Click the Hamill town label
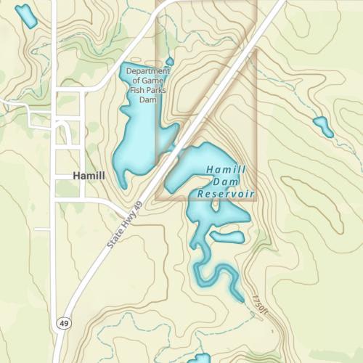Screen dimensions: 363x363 point(89,176)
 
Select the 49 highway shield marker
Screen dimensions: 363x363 point(65,323)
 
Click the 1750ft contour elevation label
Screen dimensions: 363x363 point(260,303)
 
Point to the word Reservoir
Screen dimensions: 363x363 point(226,195)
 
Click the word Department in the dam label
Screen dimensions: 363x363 point(147,71)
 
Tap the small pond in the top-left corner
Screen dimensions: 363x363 point(27,15)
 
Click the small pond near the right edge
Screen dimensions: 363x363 point(323,126)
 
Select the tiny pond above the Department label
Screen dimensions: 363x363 point(169,61)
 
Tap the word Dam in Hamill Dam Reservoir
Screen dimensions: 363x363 point(227,181)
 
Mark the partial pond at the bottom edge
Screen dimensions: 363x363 point(197,359)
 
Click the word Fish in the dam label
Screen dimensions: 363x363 point(138,91)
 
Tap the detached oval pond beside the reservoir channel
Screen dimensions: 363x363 point(227,237)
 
